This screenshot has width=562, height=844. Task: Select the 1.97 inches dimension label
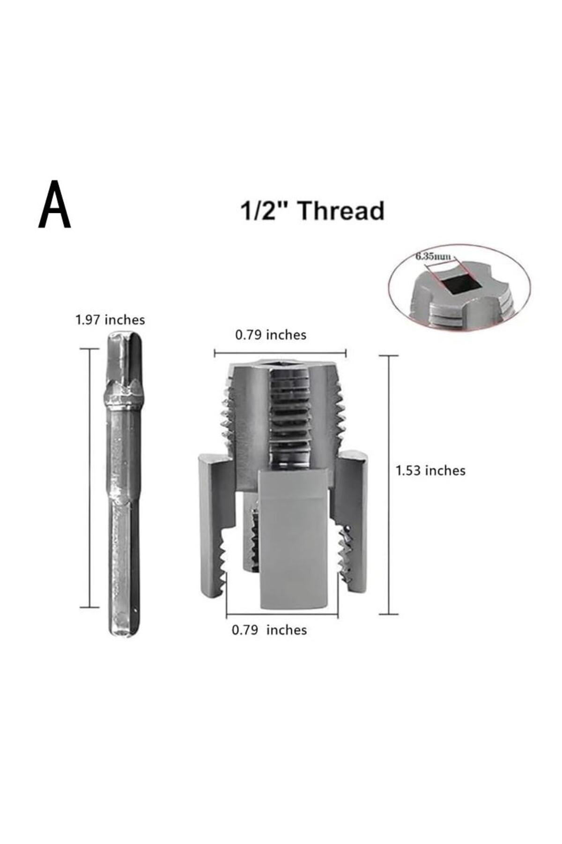110,320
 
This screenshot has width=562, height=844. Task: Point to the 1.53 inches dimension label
431,470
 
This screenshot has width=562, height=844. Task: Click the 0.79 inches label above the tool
271,335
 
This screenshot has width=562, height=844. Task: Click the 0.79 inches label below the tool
269,630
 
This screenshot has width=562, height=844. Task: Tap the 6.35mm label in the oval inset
433,256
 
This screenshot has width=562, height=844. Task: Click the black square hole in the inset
455,285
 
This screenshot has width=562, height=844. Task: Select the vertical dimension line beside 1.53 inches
388,484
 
